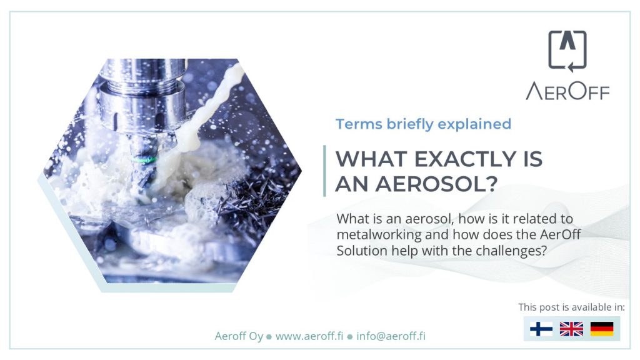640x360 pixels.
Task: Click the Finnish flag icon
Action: click(541, 329)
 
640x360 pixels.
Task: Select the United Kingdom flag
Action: click(571, 329)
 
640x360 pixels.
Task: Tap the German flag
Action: click(602, 329)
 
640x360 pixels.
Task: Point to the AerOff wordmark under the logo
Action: click(567, 91)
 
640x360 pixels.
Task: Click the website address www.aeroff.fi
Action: click(309, 336)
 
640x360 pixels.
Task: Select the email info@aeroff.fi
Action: click(391, 336)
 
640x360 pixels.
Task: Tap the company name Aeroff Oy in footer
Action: click(239, 336)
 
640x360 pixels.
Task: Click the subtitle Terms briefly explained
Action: click(423, 124)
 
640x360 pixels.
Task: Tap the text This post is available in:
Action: click(571, 307)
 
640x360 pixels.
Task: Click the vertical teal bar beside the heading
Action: click(324, 171)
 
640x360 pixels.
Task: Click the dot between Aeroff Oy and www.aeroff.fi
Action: click(269, 337)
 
